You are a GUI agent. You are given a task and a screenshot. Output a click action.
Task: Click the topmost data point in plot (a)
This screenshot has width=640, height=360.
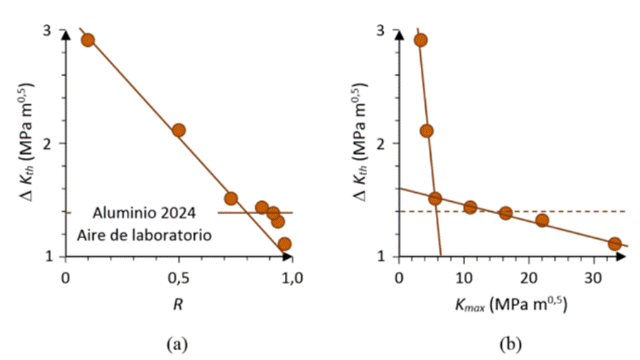point(88,40)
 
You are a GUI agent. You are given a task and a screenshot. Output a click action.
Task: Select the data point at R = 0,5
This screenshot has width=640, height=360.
point(179,130)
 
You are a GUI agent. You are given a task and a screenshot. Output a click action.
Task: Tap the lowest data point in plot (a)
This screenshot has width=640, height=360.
point(285,244)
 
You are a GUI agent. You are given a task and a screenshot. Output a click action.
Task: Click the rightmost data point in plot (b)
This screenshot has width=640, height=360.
point(614,244)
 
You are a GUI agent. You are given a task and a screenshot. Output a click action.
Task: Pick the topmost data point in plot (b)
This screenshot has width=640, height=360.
point(420,40)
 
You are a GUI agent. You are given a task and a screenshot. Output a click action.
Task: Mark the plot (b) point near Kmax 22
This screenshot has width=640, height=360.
point(542,220)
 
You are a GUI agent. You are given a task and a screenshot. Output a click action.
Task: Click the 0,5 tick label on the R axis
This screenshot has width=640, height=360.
point(179,278)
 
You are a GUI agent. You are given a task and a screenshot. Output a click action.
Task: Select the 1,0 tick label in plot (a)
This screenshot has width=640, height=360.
point(291,278)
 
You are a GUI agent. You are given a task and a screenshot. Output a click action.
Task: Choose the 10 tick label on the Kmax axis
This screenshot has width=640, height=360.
point(464,278)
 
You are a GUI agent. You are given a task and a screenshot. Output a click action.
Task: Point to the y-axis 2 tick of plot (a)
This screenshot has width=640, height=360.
point(55,143)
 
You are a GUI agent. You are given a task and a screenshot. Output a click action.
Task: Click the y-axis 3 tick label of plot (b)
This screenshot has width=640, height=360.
point(388,30)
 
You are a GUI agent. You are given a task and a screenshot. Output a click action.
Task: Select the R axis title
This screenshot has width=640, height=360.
point(179,306)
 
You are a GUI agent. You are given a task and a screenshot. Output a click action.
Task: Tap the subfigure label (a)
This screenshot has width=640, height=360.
point(178,345)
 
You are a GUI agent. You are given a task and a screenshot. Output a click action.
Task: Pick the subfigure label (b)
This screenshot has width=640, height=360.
point(510,345)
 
